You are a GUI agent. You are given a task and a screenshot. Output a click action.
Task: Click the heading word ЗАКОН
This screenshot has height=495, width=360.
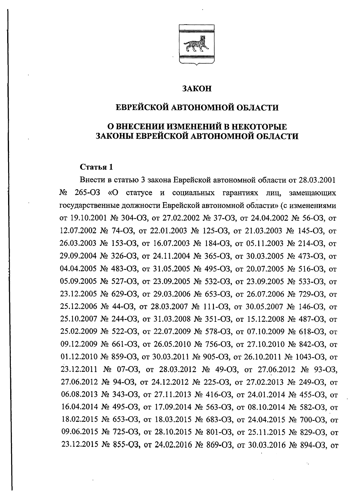(197, 89)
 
